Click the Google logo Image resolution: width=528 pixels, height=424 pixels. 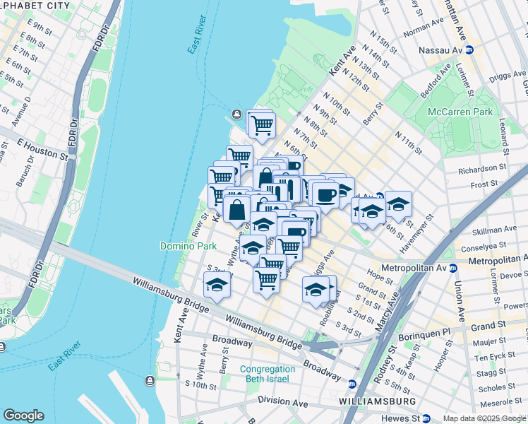pos(23,416)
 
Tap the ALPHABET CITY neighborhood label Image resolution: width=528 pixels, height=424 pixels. pos(35,6)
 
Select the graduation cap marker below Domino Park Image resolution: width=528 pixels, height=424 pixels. pos(217,285)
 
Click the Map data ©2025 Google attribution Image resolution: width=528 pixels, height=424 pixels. pos(484,418)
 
